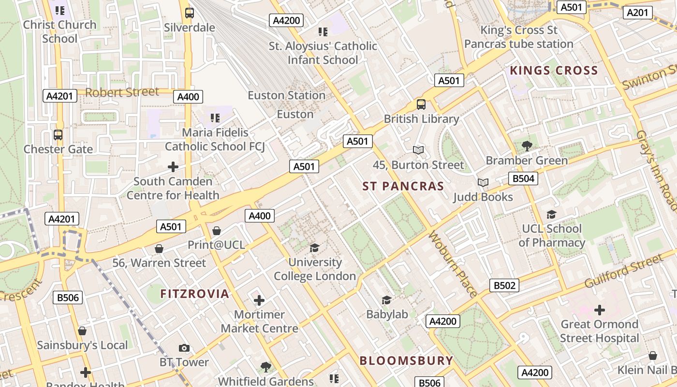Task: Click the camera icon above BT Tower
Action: [184, 348]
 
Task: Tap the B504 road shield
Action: [523, 179]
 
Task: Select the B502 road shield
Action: [504, 285]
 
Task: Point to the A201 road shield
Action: [637, 13]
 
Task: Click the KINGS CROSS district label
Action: [554, 71]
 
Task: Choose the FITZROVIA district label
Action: [194, 294]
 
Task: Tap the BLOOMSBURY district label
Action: [406, 360]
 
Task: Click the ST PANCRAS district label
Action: [403, 186]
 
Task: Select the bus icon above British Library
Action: [421, 104]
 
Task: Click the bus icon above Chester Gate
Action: [58, 135]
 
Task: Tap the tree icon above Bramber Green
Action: [527, 146]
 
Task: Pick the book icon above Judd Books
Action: [483, 182]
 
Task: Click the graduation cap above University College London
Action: [315, 248]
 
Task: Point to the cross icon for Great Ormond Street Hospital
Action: [600, 310]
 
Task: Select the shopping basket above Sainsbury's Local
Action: [82, 331]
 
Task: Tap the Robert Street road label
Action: [122, 92]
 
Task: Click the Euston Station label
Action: [287, 95]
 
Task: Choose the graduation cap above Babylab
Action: [386, 300]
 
